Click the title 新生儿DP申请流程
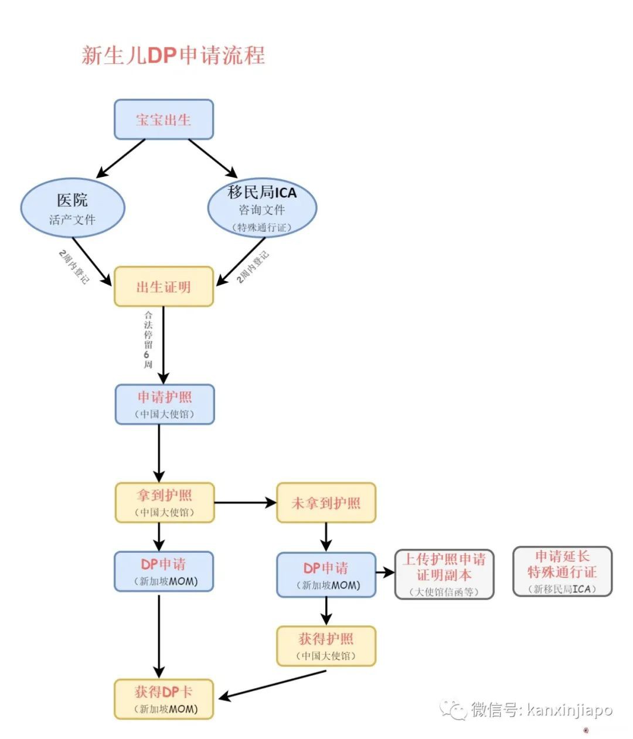pos(173,55)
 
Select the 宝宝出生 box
pos(164,119)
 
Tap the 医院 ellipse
pos(73,208)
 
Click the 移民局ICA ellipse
pos(262,208)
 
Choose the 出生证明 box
pos(164,286)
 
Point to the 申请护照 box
pos(165,404)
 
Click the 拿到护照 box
pos(165,502)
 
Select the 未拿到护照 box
pos(326,502)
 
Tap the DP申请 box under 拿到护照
pos(164,571)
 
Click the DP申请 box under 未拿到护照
pos(326,574)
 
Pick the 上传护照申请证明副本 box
pos(444,574)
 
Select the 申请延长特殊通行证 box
pos(562,571)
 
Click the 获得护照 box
pos(326,646)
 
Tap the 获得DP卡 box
pos(164,699)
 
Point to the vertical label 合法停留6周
pos(148,340)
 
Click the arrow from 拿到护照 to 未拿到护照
pos(245,502)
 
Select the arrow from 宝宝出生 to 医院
pos(121,158)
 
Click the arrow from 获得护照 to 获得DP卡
pos(273,684)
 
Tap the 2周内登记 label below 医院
pos(74,266)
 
